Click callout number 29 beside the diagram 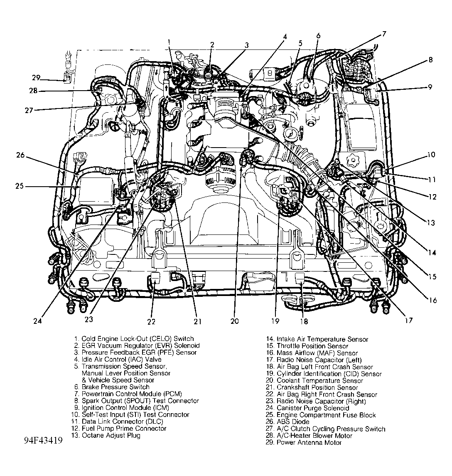36,77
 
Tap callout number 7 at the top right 384,35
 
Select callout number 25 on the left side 20,186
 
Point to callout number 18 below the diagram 305,321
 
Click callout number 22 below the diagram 151,321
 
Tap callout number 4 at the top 285,36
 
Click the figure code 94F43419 40,440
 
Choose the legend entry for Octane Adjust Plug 106,435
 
